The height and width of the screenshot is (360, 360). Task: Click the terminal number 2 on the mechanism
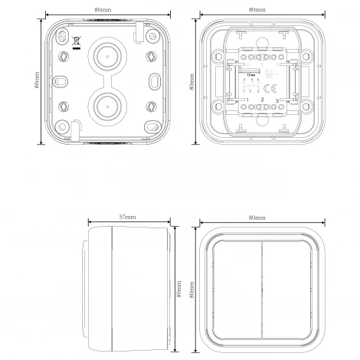[x=263, y=100]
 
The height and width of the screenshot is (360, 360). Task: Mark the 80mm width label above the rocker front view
[x=257, y=218]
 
